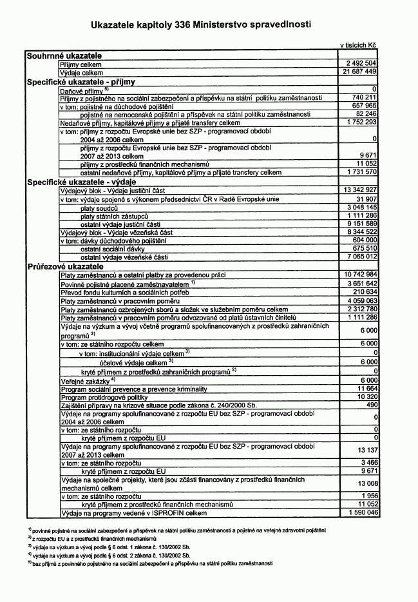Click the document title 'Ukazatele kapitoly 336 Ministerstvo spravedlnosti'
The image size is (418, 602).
point(201,24)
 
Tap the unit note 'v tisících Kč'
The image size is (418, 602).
point(358,45)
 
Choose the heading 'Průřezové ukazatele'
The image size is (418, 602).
point(65,266)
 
